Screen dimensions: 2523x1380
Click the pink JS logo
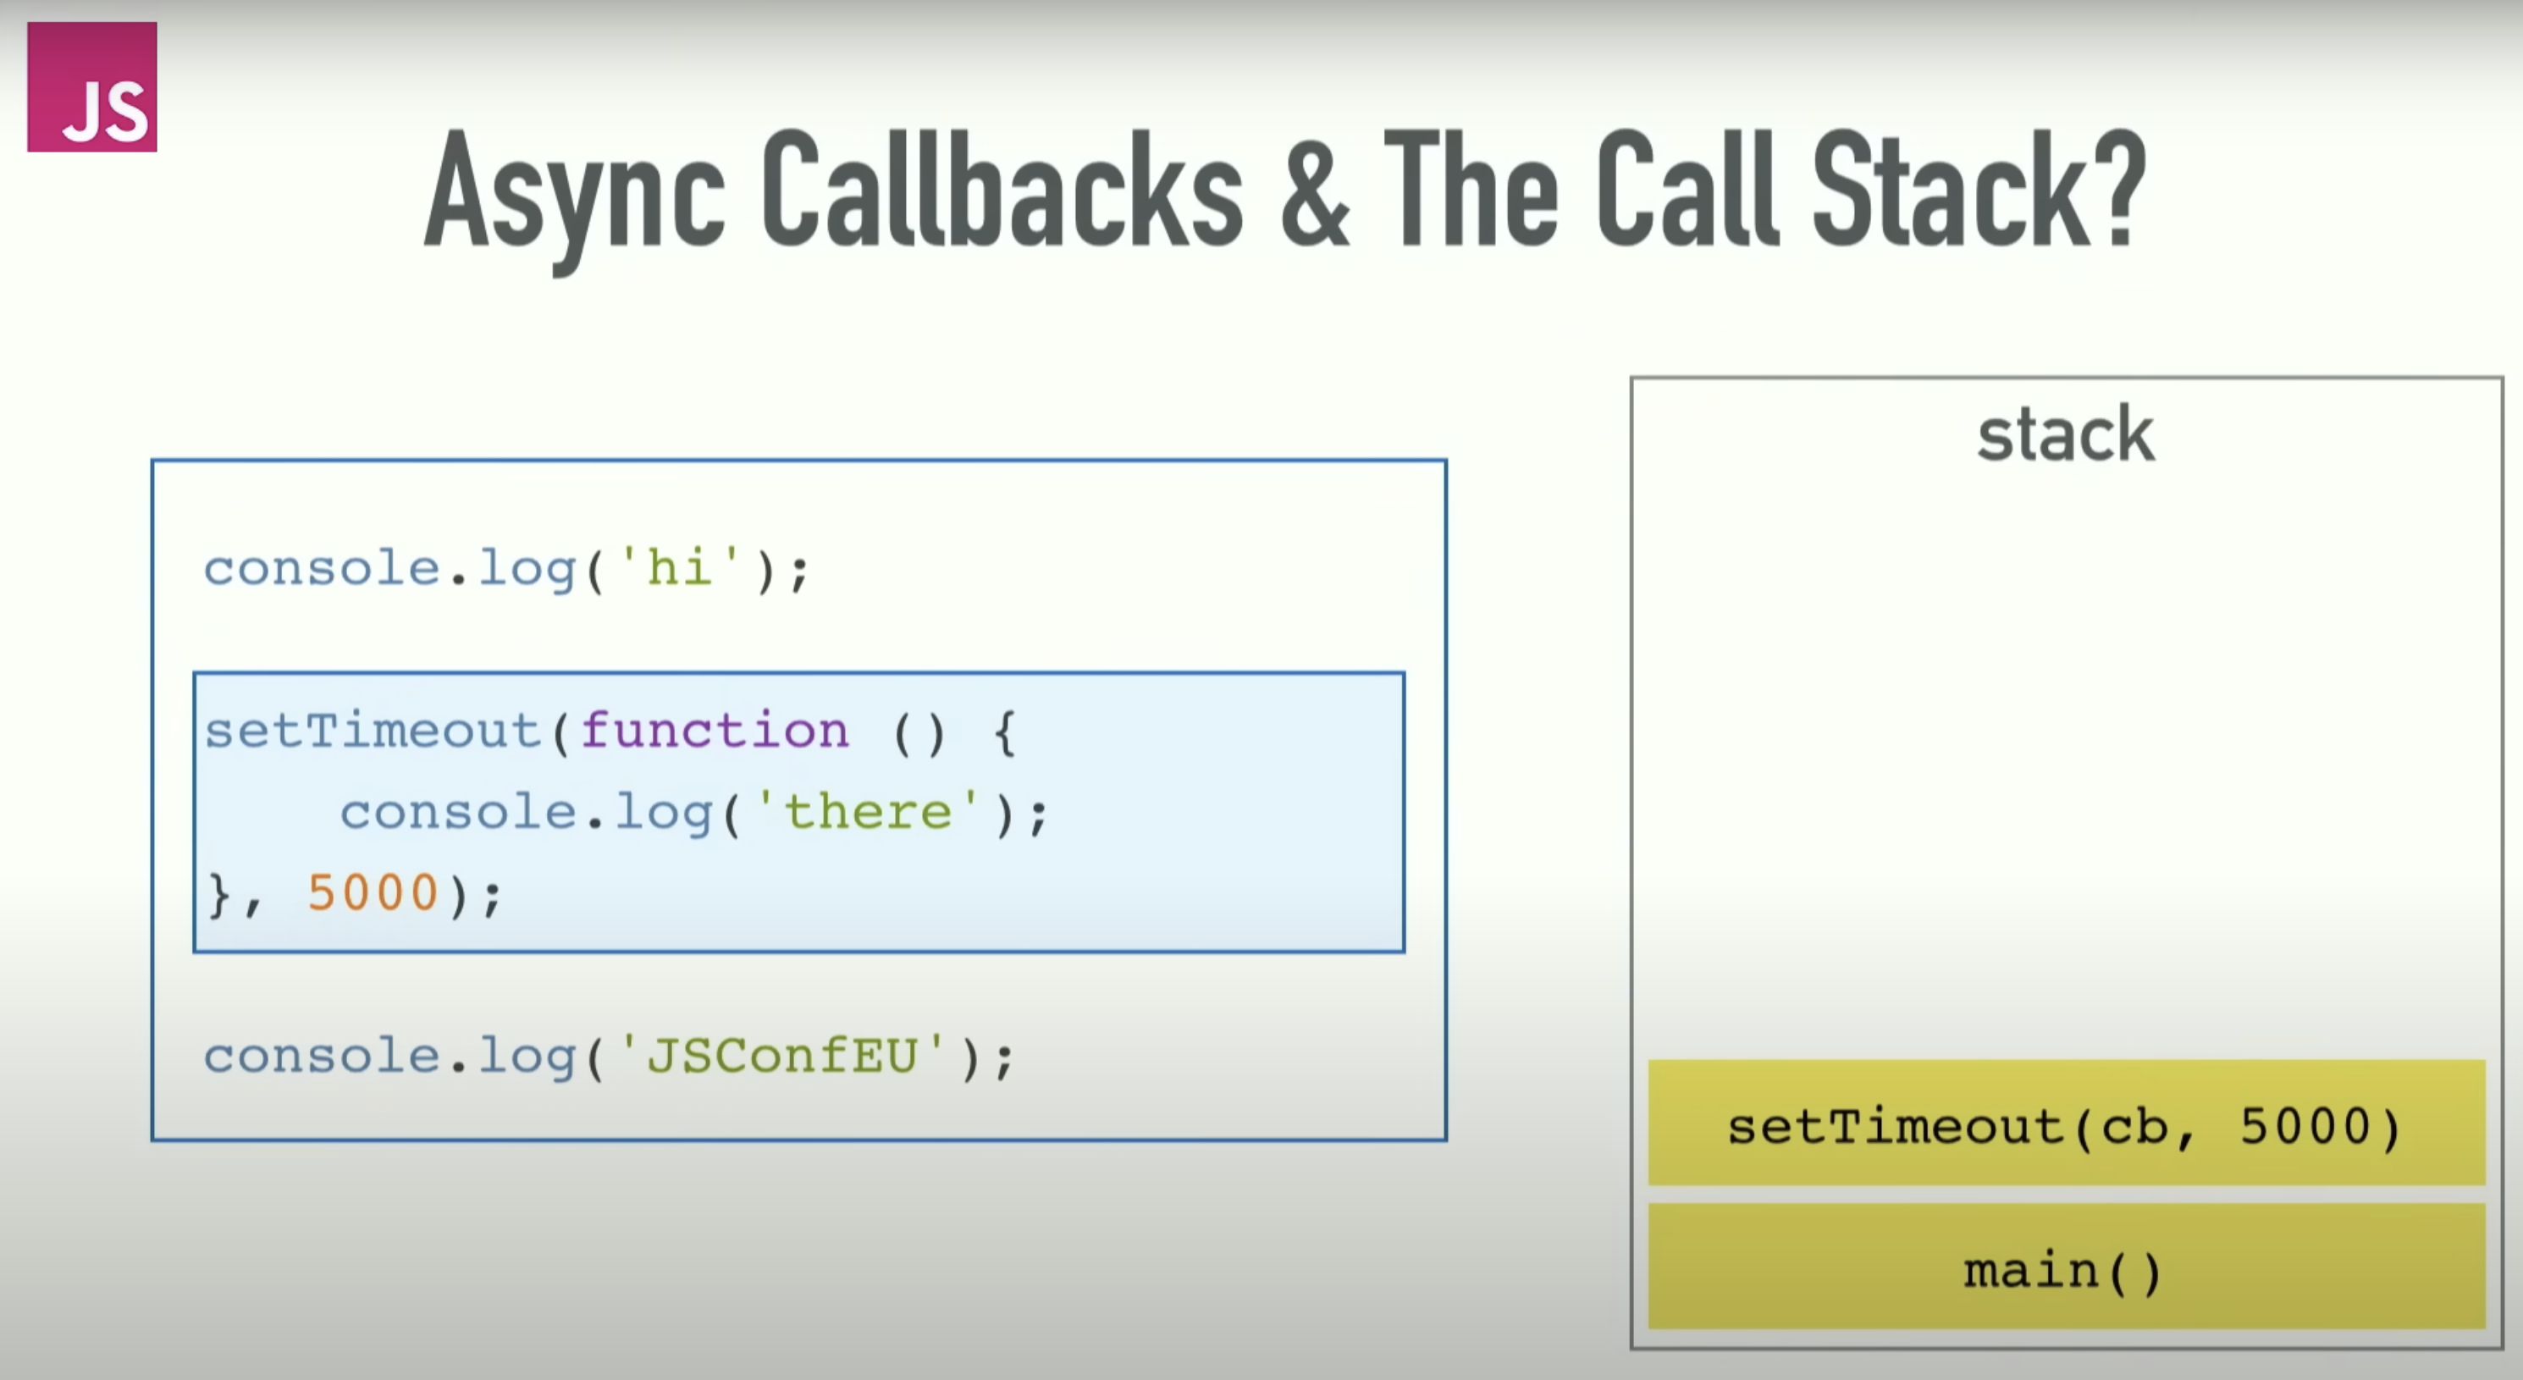tap(92, 86)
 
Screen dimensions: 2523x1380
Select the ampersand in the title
tap(1314, 188)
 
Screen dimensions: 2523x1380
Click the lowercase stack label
tap(2066, 433)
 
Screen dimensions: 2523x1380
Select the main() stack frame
tap(2067, 1267)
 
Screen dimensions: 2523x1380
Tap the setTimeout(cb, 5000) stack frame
tap(2067, 1123)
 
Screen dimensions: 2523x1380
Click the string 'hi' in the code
tap(679, 568)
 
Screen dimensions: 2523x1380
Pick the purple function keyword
tap(715, 731)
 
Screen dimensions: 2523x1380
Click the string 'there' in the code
tap(868, 812)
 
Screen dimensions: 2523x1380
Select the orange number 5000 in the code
tap(373, 892)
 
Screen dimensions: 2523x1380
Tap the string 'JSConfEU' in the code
tap(782, 1055)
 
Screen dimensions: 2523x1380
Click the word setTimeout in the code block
tap(373, 731)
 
